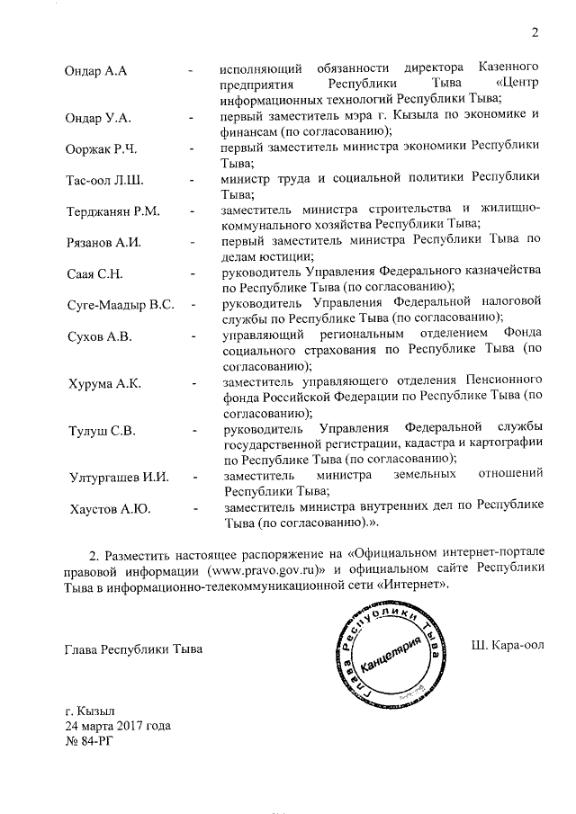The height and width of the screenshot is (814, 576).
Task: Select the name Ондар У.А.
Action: coord(99,118)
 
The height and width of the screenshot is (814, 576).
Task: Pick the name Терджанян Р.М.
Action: coord(112,211)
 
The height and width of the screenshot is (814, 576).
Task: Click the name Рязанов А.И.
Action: coord(104,243)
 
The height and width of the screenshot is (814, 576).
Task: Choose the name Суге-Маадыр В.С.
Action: coord(120,305)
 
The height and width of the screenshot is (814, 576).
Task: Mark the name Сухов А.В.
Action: coord(99,336)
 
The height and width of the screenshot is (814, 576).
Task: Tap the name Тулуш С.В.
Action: coord(101,431)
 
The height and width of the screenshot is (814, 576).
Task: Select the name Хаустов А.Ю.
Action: coord(110,509)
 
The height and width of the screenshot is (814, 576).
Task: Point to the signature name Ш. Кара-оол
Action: coord(508,648)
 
